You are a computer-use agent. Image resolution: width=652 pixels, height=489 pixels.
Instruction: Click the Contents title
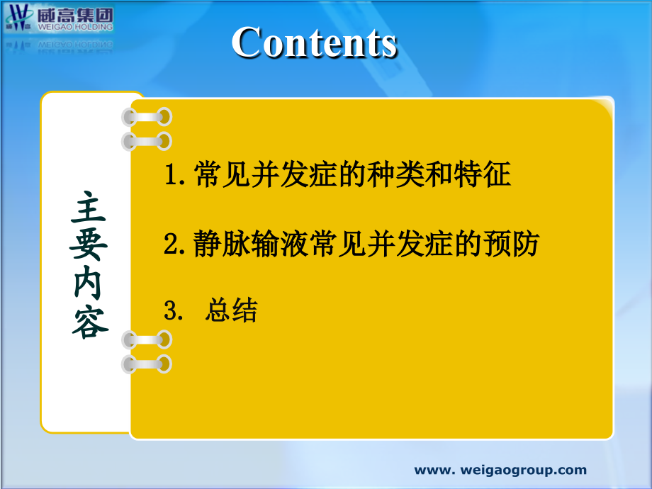pyautogui.click(x=314, y=43)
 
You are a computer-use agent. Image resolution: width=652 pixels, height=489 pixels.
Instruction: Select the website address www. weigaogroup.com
pyautogui.click(x=500, y=470)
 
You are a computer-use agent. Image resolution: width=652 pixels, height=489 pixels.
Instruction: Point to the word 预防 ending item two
pyautogui.click(x=514, y=244)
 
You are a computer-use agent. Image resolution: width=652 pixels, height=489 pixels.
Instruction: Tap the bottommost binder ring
pyautogui.click(x=147, y=364)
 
